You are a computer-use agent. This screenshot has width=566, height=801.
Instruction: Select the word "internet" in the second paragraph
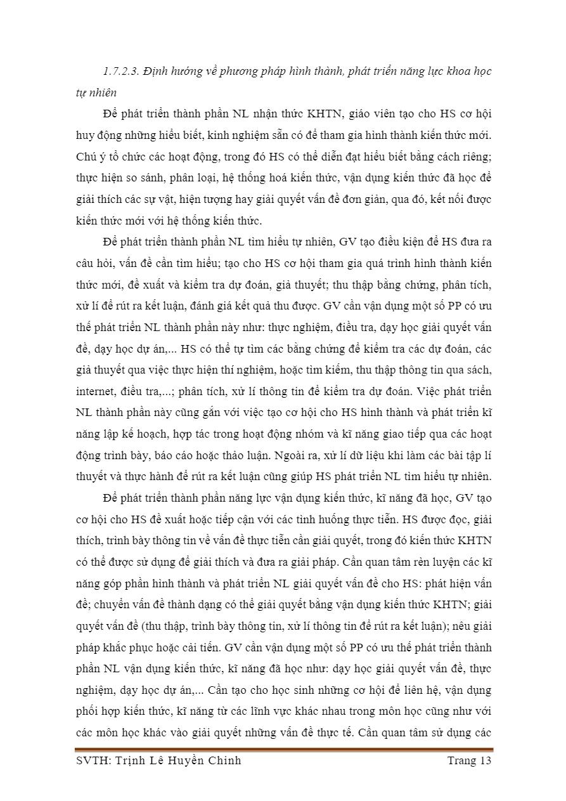coord(93,391)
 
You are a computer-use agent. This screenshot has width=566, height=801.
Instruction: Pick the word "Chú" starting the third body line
coord(86,157)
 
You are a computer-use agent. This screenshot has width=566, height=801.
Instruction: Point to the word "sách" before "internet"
coord(479,370)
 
